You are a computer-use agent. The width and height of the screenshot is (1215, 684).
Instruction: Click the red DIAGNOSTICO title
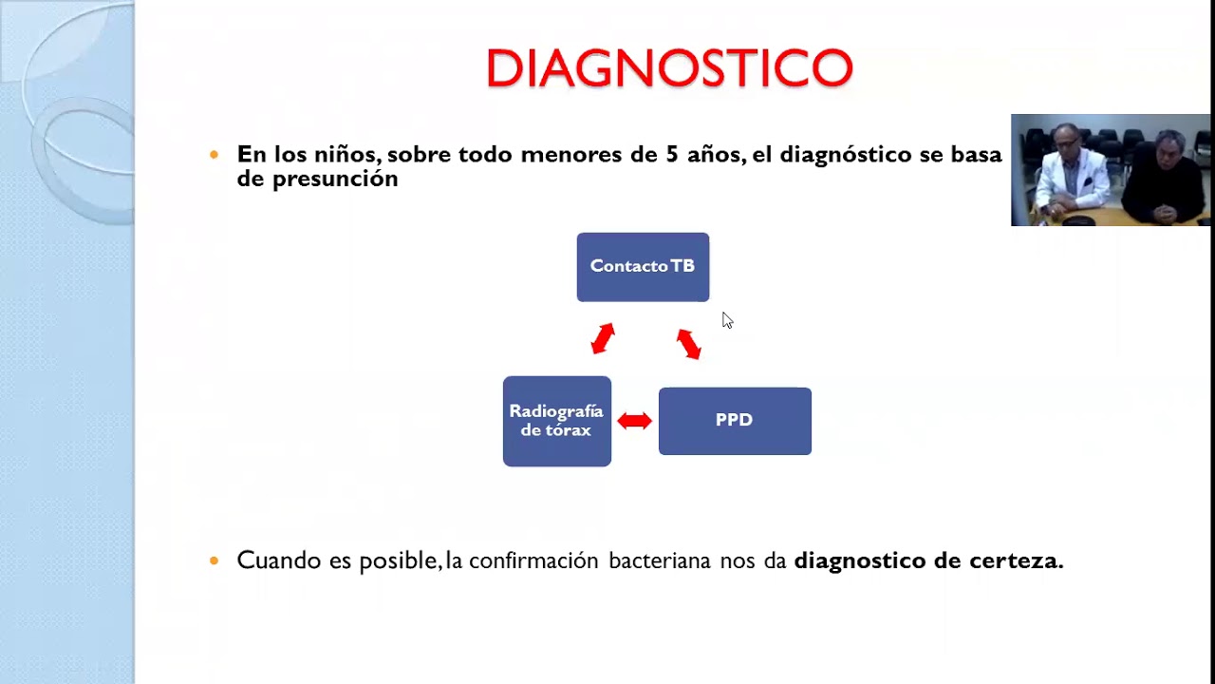pyautogui.click(x=669, y=68)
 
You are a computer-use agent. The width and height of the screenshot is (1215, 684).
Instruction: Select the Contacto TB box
pyautogui.click(x=643, y=267)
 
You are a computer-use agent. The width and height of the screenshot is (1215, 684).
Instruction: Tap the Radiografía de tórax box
pyautogui.click(x=556, y=421)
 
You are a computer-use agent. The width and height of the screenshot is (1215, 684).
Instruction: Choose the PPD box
pyautogui.click(x=735, y=421)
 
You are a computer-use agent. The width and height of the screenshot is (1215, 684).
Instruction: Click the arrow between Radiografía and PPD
pyautogui.click(x=634, y=421)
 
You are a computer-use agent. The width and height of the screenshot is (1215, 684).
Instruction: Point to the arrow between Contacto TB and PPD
pyautogui.click(x=688, y=343)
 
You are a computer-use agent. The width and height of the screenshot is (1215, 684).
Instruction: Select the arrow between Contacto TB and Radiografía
pyautogui.click(x=603, y=339)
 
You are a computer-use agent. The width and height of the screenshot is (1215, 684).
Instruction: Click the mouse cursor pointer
pyautogui.click(x=726, y=320)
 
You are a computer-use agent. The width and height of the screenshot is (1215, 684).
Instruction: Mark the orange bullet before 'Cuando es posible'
pyautogui.click(x=215, y=560)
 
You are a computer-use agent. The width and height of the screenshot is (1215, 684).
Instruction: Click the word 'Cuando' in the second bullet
pyautogui.click(x=279, y=560)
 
